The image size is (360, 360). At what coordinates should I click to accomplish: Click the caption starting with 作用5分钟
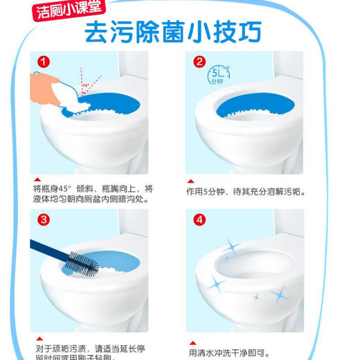click(x=246, y=191)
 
